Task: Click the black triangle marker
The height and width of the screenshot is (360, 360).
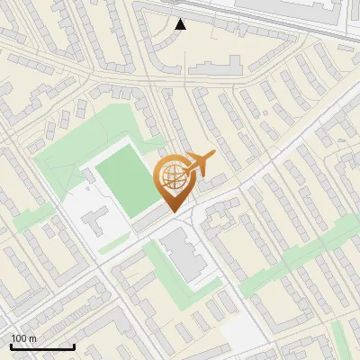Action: click(x=181, y=24)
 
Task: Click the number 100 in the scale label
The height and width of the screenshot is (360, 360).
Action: click(x=19, y=339)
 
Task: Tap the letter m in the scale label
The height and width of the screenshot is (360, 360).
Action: click(x=32, y=339)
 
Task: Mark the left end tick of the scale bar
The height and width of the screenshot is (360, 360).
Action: click(x=11, y=346)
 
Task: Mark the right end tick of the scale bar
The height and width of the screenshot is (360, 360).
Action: click(x=74, y=346)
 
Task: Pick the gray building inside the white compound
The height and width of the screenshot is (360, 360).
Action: click(x=98, y=217)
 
